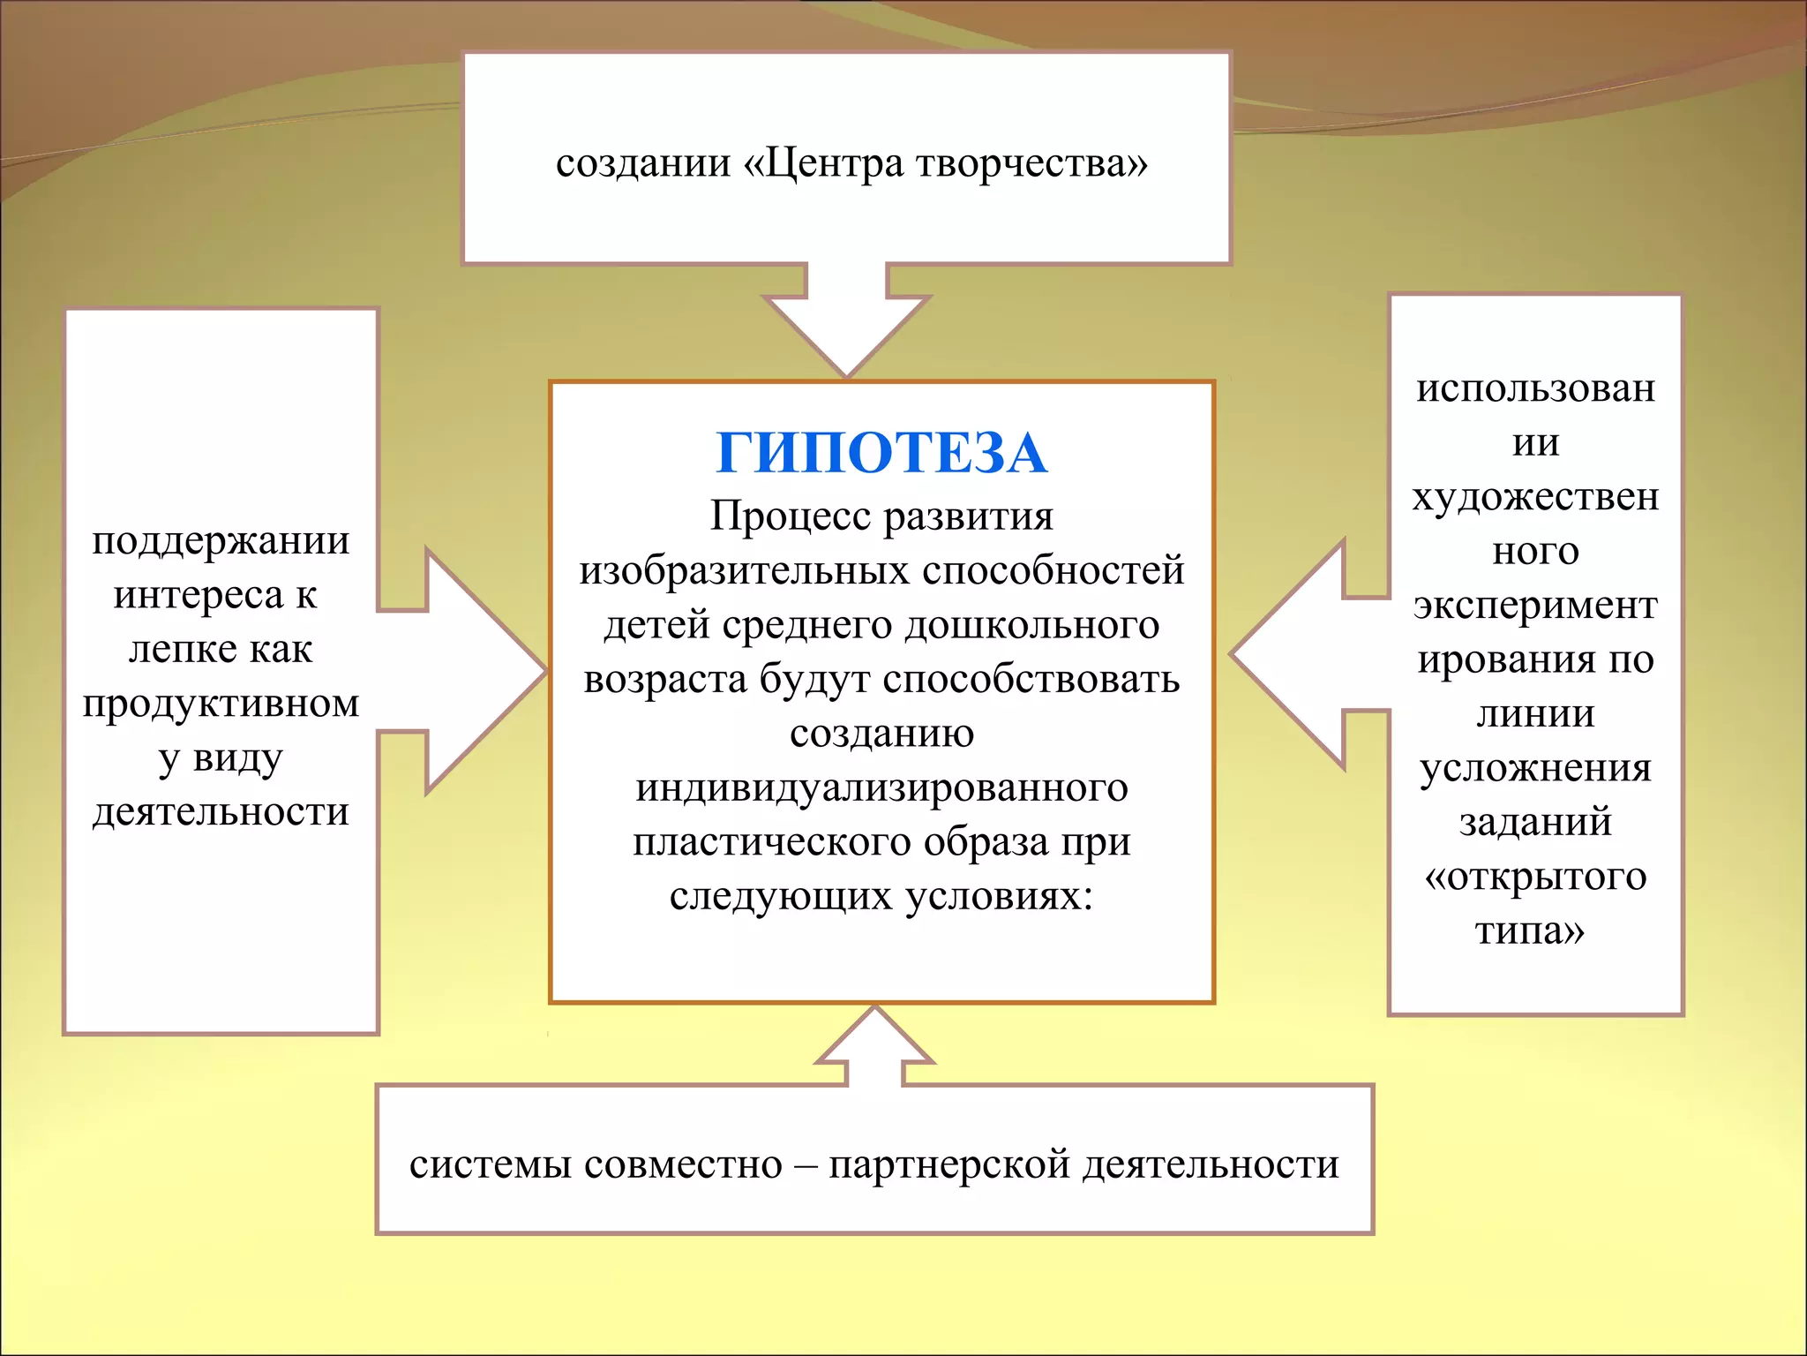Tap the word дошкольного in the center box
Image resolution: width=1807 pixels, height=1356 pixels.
1031,625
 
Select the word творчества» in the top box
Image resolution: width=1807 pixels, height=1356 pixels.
1032,163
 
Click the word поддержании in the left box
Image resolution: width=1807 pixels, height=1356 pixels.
221,540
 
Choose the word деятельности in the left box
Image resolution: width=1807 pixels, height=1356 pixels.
221,811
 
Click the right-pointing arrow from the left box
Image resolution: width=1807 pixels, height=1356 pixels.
476,671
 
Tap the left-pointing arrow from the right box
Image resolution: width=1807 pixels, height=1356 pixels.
1297,655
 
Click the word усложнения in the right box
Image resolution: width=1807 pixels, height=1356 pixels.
1534,767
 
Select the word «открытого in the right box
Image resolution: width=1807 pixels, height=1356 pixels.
1534,876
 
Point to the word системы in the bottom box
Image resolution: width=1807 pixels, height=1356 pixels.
490,1164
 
